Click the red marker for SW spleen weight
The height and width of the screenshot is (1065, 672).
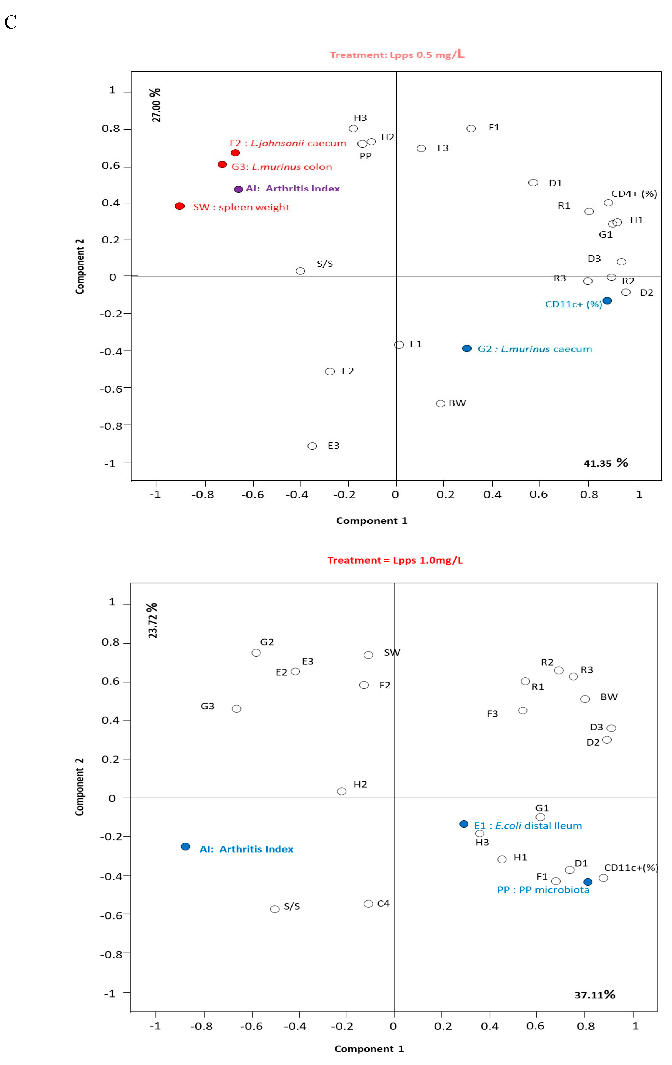(x=179, y=206)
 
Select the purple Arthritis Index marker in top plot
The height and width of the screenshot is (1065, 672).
(x=238, y=189)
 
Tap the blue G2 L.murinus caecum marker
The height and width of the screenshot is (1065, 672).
(x=466, y=348)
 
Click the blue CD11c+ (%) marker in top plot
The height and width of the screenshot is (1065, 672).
(x=607, y=301)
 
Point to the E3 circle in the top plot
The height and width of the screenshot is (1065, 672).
(x=312, y=446)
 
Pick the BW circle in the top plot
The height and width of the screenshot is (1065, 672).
(x=440, y=404)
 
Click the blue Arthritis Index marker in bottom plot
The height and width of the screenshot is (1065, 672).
(x=186, y=846)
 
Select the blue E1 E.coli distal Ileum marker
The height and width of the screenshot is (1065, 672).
(x=464, y=824)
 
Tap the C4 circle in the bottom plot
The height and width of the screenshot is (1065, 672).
(x=368, y=904)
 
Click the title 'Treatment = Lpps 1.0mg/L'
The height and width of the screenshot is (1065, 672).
(x=395, y=560)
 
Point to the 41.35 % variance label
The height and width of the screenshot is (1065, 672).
(x=606, y=463)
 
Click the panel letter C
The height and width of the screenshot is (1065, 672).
(x=11, y=22)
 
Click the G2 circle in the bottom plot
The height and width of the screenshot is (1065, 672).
(x=256, y=653)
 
